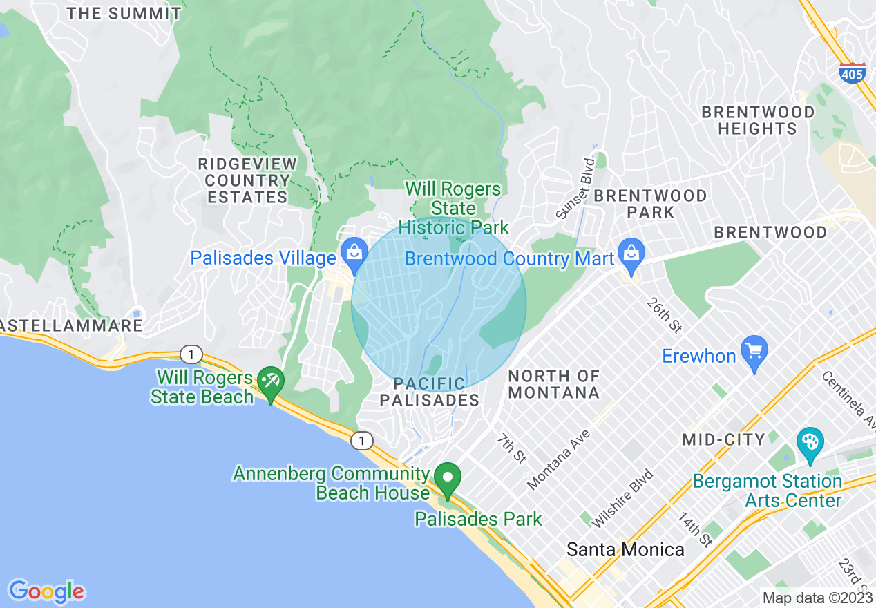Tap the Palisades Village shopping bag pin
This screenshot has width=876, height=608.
[x=354, y=256]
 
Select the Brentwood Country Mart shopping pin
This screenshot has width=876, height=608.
[x=631, y=255]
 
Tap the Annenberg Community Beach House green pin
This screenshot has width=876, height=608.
[x=448, y=479]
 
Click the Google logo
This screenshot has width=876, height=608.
[x=46, y=591]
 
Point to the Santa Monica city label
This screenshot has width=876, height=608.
[x=625, y=549]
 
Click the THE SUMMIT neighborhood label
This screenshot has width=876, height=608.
[x=125, y=13]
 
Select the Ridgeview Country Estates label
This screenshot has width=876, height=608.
[x=247, y=180]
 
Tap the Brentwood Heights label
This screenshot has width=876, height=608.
[x=758, y=120]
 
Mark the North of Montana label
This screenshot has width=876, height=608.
[x=554, y=384]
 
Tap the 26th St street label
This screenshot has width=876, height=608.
[x=664, y=314]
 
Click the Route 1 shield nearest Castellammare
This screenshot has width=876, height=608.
[x=191, y=354]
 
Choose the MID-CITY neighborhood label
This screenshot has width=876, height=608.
[x=723, y=439]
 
